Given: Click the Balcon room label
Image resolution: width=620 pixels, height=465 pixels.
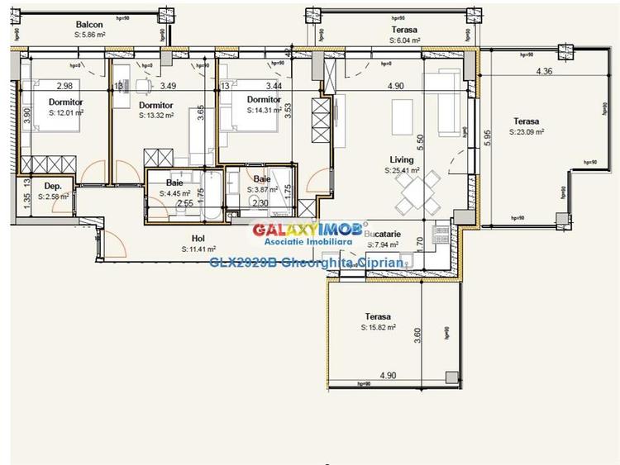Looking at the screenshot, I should click(89, 25).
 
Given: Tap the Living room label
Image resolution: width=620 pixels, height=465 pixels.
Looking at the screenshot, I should click(403, 160).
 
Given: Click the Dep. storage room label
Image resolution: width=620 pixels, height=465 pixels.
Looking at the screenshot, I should click(53, 187).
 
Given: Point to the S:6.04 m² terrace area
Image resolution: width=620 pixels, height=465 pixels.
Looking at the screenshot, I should click(404, 40).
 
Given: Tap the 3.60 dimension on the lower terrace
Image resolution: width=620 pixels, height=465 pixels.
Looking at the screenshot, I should click(417, 334).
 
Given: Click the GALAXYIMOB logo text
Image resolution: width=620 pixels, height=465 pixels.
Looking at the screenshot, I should click(299, 229).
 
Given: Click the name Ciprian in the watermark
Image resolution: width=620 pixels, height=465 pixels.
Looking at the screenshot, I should click(381, 263).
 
